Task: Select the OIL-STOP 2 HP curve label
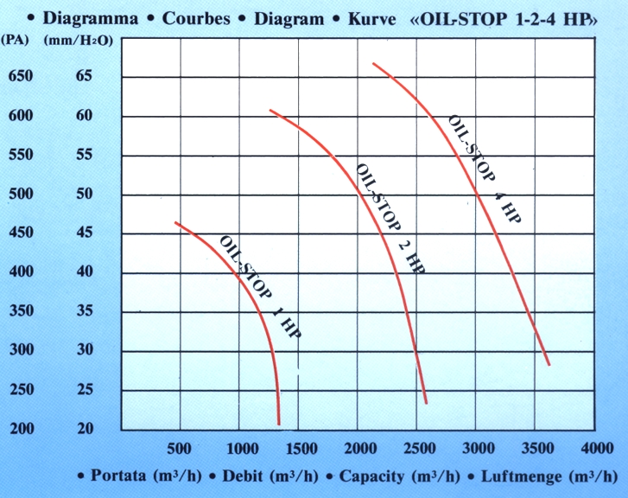click(x=390, y=218)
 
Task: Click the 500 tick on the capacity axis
click(x=178, y=449)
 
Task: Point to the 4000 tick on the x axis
click(x=597, y=449)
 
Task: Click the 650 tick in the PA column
click(x=20, y=76)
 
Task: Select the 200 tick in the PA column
click(x=20, y=429)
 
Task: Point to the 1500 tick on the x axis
click(x=298, y=449)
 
